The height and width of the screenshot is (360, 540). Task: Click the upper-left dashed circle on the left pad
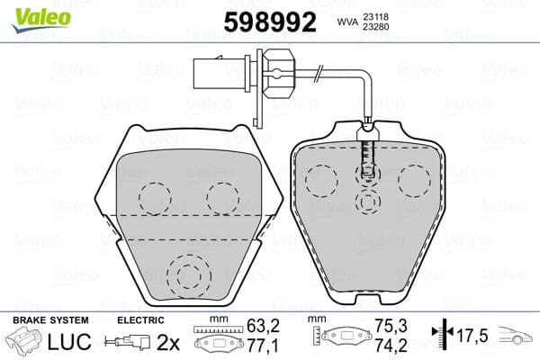tap(155, 197)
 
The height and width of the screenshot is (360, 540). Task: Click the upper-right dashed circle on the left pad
tap(222, 197)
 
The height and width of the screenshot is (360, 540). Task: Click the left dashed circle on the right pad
tap(321, 181)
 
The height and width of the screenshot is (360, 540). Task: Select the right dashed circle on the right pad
tap(414, 181)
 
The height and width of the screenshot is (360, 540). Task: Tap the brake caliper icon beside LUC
tap(27, 342)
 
